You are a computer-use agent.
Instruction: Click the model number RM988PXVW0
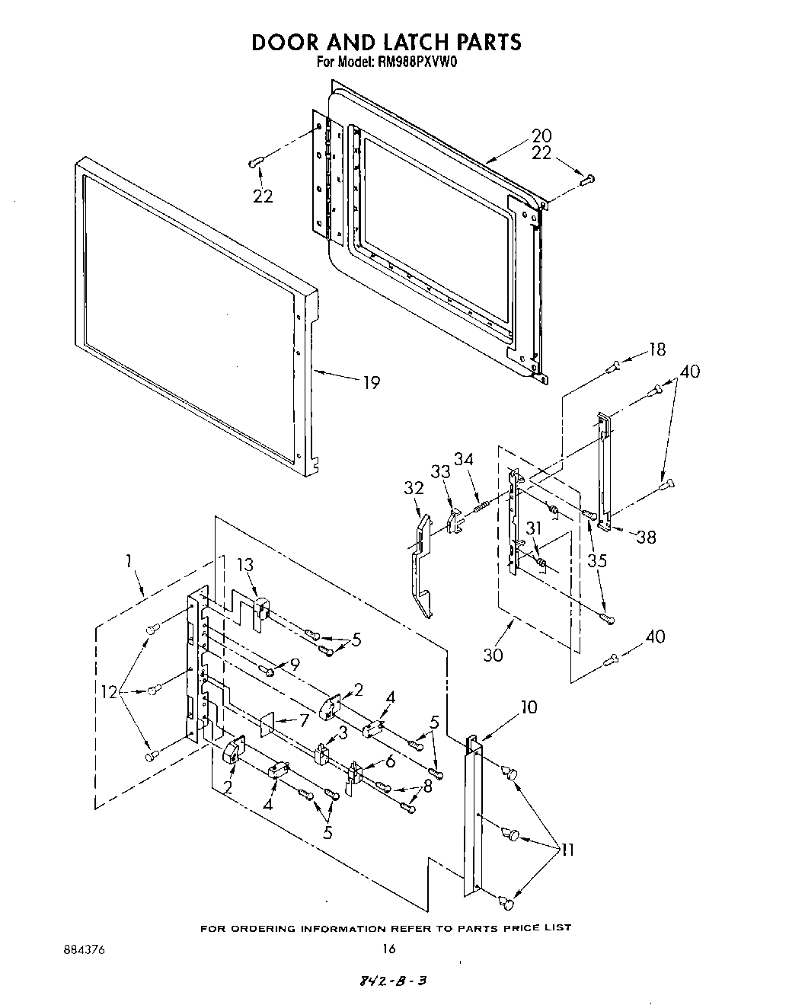[x=415, y=64]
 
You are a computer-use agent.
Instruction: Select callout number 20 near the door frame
[x=541, y=136]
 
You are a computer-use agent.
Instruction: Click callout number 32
[x=414, y=488]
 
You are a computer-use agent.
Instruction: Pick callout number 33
[x=440, y=471]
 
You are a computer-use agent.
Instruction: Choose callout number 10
[x=528, y=707]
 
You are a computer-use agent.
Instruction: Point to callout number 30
[x=493, y=654]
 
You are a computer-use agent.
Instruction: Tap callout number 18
[x=656, y=349]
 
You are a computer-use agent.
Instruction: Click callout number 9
[x=295, y=663]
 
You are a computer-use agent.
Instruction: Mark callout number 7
[x=303, y=719]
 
